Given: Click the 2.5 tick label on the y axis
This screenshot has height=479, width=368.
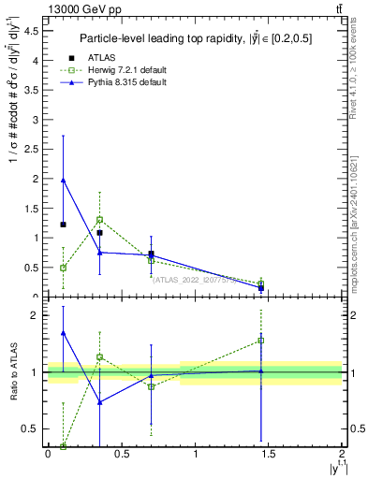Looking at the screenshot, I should (x=34, y=149).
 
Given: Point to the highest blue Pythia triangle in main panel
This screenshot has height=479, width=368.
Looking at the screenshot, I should (x=63, y=180).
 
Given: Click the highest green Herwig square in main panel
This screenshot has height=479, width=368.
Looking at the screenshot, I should (x=99, y=220).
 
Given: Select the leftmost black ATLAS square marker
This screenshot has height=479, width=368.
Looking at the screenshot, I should (x=63, y=225).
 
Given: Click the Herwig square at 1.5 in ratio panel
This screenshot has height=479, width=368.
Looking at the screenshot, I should (x=261, y=341).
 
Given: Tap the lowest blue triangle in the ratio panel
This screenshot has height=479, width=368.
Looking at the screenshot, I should (x=99, y=402).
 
